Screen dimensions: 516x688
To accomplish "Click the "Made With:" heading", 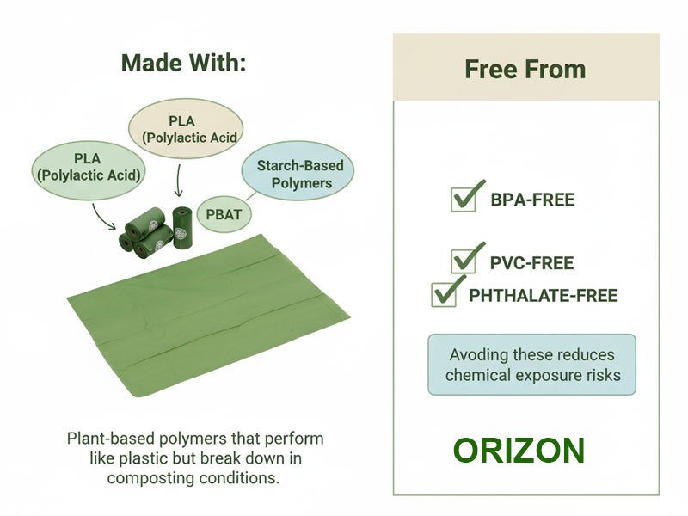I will [183, 63].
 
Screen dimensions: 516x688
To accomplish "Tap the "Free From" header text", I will [525, 69].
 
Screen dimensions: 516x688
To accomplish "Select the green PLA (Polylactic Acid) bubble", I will [89, 168].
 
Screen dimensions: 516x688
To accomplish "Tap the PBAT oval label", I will [224, 214].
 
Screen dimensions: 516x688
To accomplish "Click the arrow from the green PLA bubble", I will [104, 217].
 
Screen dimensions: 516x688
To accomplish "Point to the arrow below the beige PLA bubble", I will [177, 181].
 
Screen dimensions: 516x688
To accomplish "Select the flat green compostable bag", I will [206, 314].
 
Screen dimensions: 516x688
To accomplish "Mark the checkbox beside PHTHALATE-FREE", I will [444, 294].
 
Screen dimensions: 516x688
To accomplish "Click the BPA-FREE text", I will [532, 200].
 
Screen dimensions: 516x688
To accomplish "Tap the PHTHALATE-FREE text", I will [543, 296].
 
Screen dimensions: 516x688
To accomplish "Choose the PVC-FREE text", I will [531, 263].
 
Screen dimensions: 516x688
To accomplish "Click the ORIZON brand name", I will [519, 451].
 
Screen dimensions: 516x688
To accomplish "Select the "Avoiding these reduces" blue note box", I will [532, 365].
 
